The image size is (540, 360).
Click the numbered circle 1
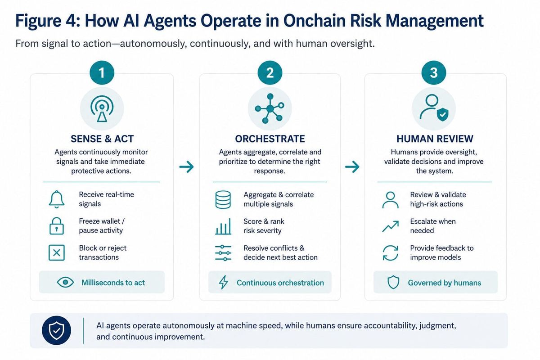(102, 72)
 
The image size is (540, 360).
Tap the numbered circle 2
(270, 72)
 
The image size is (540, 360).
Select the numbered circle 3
(434, 72)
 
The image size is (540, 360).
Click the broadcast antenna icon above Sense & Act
(102, 109)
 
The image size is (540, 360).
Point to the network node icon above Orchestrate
(270, 108)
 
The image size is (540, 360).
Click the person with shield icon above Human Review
(434, 108)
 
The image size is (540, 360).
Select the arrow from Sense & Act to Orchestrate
(187, 166)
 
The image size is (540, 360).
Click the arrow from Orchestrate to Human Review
(352, 166)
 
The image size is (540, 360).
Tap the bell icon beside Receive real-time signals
(57, 199)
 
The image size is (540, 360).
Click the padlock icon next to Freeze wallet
(57, 226)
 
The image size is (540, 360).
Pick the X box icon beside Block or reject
(57, 253)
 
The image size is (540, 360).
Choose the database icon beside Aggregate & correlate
(223, 200)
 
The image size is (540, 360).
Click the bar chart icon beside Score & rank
(223, 226)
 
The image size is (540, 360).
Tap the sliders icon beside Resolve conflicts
(223, 253)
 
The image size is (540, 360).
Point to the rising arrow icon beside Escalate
(391, 226)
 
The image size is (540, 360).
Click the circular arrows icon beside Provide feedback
(391, 253)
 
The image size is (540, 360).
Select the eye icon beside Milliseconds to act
(65, 282)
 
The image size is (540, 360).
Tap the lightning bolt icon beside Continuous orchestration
(224, 282)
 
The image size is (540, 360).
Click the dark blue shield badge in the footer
(56, 330)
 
